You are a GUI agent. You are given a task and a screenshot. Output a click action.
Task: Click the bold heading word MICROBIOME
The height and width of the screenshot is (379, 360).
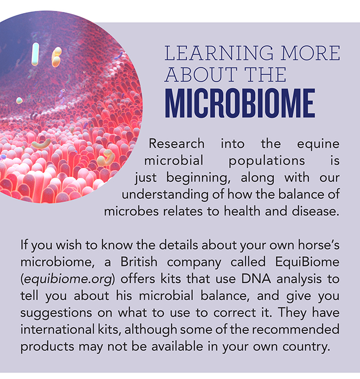[240, 103]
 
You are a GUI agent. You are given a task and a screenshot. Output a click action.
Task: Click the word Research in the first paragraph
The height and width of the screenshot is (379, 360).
[176, 143]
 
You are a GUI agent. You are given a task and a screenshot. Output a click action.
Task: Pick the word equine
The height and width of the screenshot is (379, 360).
[318, 144]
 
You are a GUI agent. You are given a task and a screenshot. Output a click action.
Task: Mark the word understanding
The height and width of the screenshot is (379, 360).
[165, 195]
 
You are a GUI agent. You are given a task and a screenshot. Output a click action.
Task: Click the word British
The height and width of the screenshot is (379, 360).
[139, 262]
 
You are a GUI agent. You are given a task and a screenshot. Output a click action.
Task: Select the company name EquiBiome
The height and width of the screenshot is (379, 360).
[307, 263]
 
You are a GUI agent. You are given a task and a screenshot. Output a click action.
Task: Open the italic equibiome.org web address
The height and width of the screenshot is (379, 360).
[68, 280]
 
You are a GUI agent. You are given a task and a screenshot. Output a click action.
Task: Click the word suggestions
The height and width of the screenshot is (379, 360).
[56, 313]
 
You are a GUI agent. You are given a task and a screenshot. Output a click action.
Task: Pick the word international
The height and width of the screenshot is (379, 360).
[57, 330]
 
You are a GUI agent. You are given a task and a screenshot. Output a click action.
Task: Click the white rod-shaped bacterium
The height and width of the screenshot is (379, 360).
[35, 54]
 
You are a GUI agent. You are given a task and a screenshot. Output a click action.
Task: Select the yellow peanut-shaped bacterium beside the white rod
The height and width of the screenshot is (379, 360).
[56, 57]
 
